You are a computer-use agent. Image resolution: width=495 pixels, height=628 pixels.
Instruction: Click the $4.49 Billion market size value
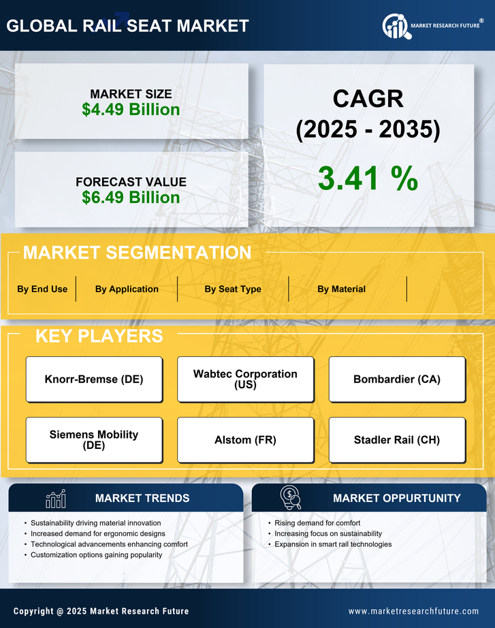131,110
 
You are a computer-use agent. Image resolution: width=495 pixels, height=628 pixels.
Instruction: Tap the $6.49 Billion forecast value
131,198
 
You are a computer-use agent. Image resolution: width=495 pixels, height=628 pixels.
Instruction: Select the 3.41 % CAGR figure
368,178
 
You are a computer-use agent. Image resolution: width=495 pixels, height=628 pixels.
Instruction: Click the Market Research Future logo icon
396,27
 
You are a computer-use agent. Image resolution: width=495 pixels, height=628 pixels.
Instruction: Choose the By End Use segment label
42,289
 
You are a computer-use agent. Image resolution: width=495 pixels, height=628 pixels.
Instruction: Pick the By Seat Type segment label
233,289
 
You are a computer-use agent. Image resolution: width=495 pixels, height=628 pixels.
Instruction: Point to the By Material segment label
341,289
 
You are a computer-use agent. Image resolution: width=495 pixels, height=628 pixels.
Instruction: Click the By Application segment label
127,289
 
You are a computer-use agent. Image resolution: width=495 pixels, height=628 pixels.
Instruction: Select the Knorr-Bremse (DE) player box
94,379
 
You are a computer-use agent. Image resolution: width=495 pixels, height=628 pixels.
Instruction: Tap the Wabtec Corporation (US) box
245,379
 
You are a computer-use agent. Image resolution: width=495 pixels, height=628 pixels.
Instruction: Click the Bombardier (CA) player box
397,379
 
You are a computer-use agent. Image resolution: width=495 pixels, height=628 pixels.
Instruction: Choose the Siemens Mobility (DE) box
94,440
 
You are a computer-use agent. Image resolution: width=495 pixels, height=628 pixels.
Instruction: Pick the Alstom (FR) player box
245,440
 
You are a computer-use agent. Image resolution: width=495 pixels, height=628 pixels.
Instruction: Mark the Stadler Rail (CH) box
397,440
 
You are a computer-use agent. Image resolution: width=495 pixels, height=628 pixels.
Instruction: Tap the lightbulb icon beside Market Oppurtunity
291,498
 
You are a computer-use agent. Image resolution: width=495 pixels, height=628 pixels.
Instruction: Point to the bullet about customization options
97,555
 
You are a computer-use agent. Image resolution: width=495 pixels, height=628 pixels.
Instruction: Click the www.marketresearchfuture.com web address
413,611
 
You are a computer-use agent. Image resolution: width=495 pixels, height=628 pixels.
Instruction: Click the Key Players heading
99,336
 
